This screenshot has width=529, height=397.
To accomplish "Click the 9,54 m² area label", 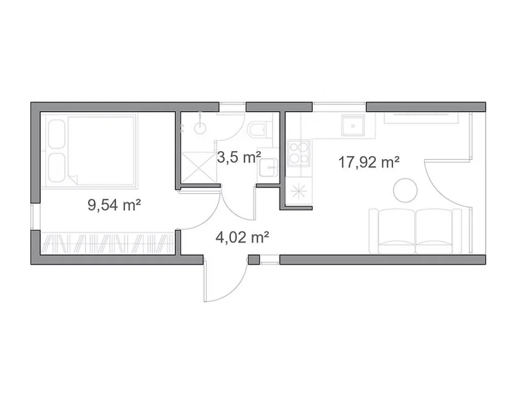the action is pos(114,205).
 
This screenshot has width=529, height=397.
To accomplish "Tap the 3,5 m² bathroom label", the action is pos(239,157).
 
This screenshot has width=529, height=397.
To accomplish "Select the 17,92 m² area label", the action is pos(369,162).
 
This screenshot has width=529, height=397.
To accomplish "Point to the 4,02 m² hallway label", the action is pos(242,237).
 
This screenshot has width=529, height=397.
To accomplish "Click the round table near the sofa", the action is pos(405,190).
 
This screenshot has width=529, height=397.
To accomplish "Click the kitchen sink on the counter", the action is pos(353,125).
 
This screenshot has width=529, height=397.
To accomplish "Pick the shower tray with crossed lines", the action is pos(198,167).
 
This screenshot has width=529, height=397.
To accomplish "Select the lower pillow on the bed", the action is pos(57,168).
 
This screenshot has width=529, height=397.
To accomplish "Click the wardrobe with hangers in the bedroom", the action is pos(107,243).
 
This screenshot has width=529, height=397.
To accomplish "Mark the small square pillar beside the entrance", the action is pos(254,260).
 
